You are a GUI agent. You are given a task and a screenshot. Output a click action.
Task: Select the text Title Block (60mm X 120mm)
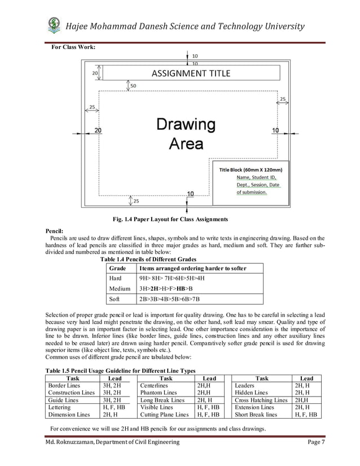pyautogui.click(x=248, y=169)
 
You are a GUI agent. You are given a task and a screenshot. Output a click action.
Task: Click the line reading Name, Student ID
pyautogui.click(x=257, y=177)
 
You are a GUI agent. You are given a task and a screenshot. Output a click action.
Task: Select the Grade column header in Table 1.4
pyautogui.click(x=117, y=268)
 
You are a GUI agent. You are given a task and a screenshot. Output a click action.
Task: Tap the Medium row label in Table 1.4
pyautogui.click(x=118, y=288)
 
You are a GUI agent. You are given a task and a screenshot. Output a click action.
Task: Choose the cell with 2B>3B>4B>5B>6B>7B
pyautogui.click(x=170, y=298)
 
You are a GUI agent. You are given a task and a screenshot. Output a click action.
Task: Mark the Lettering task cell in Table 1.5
pyautogui.click(x=60, y=406)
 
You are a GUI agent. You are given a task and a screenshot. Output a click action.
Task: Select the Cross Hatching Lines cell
pyautogui.click(x=261, y=399)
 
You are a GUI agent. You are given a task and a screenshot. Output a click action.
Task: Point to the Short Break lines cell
pyautogui.click(x=256, y=414)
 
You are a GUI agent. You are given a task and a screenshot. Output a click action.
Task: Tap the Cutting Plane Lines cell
pyautogui.click(x=164, y=414)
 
